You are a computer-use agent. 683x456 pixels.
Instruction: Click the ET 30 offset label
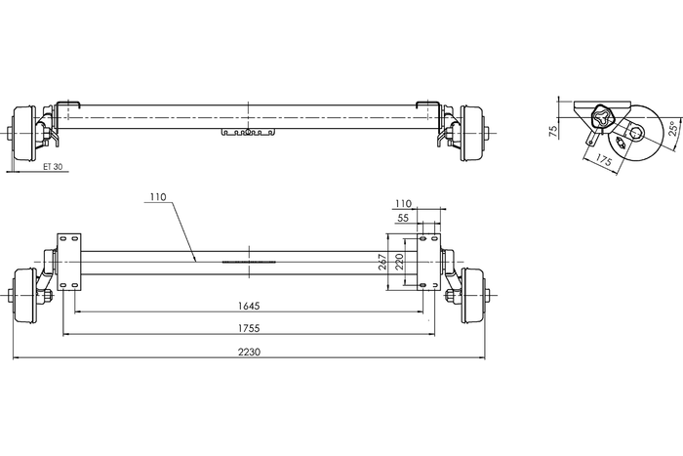point(53,166)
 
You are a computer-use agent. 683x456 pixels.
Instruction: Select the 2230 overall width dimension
point(249,352)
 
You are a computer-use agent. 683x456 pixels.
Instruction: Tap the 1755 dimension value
point(249,328)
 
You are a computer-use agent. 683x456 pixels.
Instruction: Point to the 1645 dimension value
point(249,306)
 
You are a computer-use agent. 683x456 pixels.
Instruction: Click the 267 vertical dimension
point(383,262)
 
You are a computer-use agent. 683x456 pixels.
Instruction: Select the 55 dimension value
point(404,220)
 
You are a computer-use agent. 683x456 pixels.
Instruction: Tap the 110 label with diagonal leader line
point(158,196)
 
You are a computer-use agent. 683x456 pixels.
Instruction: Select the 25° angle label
point(671,128)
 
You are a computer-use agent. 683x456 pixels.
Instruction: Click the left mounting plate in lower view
point(69,261)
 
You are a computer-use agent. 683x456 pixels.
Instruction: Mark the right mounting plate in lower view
point(429,261)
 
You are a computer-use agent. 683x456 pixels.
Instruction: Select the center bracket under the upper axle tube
point(249,131)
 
